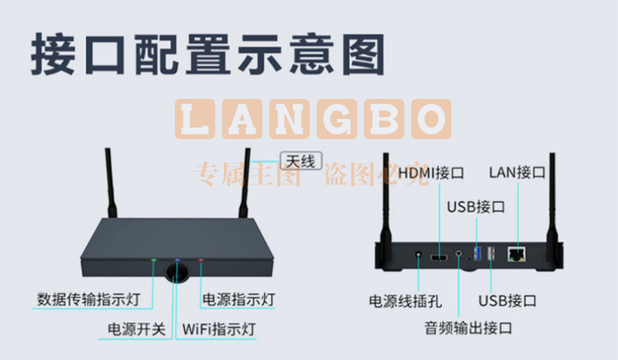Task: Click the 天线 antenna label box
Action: click(x=301, y=161)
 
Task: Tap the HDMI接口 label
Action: click(x=430, y=173)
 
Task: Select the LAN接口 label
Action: click(x=517, y=173)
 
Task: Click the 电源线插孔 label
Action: click(x=405, y=301)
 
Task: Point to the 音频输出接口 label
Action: click(x=468, y=328)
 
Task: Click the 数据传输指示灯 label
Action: click(x=89, y=299)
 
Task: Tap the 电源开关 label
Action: click(x=137, y=330)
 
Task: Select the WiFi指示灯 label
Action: click(x=219, y=330)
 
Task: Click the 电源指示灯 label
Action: click(x=238, y=300)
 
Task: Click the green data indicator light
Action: click(x=154, y=260)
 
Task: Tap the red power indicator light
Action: click(x=201, y=260)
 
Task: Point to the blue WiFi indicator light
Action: click(x=177, y=260)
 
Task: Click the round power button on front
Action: click(x=177, y=273)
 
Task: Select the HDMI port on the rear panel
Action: click(x=438, y=258)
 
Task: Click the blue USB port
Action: click(x=477, y=253)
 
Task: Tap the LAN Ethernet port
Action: click(x=516, y=255)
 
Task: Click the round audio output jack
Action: click(x=459, y=253)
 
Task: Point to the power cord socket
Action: click(x=418, y=255)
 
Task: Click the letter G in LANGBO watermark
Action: click(x=337, y=119)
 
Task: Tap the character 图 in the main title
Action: click(x=363, y=55)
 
